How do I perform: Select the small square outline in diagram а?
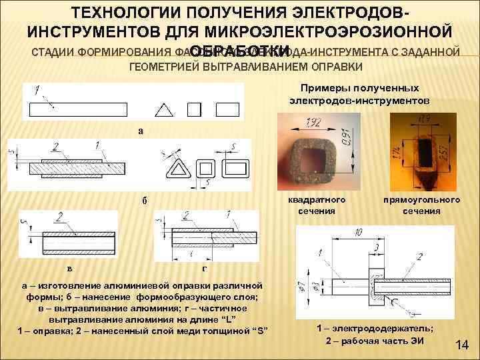point(195,109)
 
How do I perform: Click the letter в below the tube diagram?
point(69,268)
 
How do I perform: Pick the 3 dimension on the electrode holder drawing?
point(377,247)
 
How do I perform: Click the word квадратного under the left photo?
point(317,199)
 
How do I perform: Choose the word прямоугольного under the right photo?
point(421,199)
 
